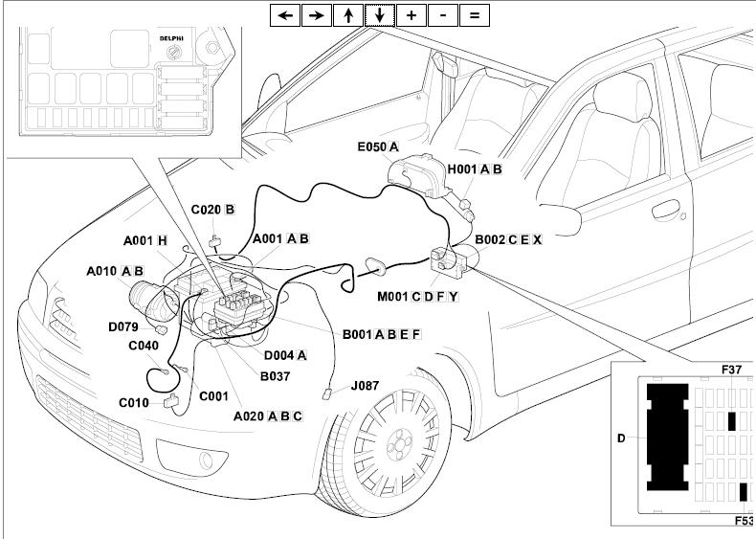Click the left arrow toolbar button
point(285,15)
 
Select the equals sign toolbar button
point(474,15)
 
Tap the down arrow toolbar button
point(380,15)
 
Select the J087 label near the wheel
point(365,386)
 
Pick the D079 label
point(123,327)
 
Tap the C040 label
point(144,346)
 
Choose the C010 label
point(134,403)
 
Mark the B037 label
point(275,376)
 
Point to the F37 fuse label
point(733,369)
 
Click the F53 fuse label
point(744,521)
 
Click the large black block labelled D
point(667,436)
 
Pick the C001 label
point(212,395)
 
